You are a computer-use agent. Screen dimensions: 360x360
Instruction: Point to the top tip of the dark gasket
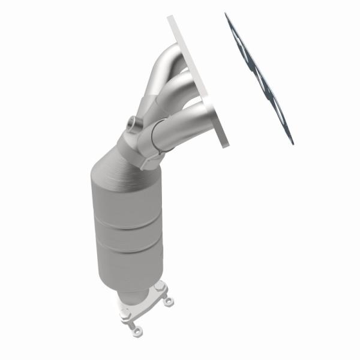tap(227, 14)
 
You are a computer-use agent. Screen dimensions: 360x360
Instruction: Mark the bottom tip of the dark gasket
tap(292, 142)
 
